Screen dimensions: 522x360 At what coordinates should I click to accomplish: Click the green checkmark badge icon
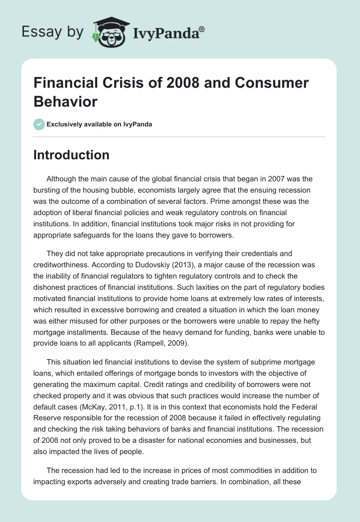39,124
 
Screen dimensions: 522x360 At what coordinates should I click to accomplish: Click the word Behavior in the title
65,101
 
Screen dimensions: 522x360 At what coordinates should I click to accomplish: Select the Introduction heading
72,155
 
